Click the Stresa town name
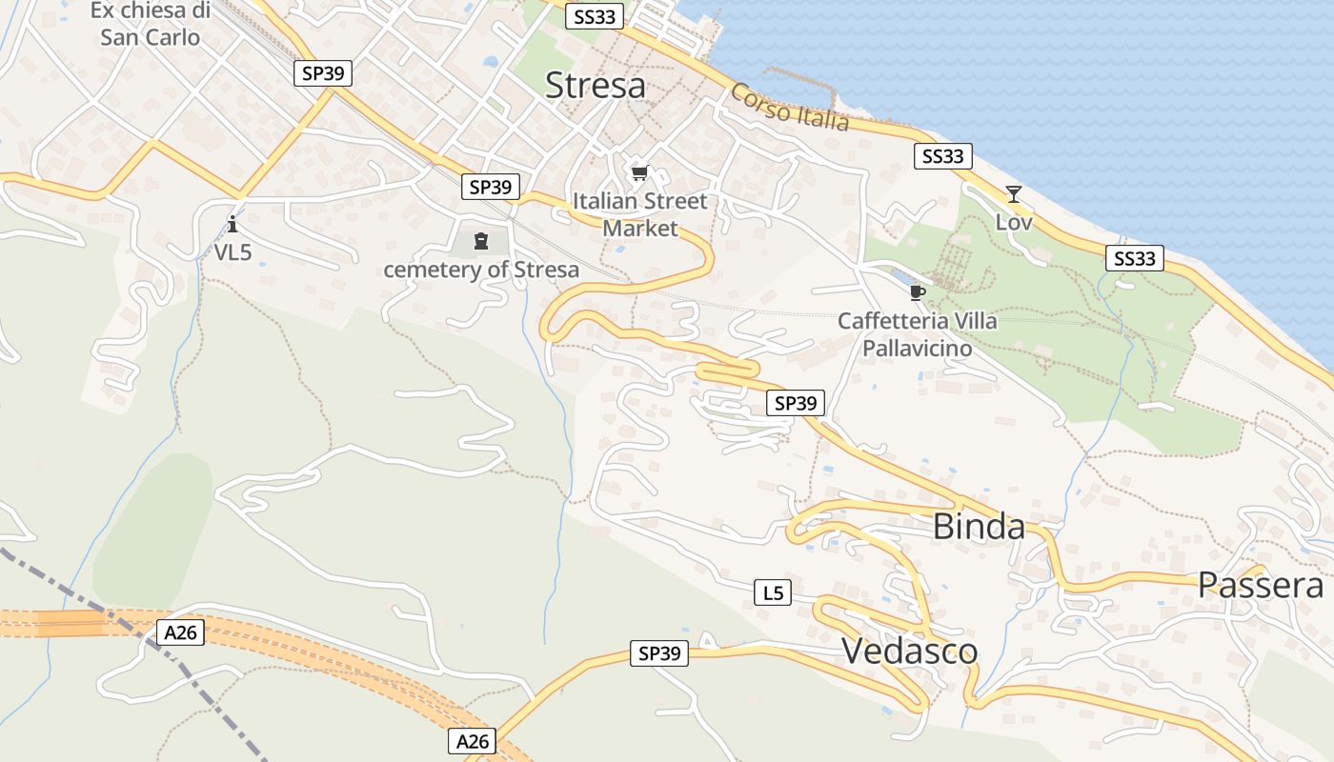pos(596,86)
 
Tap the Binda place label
pos(979,527)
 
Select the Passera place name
pos(1261,585)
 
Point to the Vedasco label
pos(909,651)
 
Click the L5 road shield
pos(773,592)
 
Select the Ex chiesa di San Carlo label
pos(151,25)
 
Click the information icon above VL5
pos(232,225)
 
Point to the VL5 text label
pos(232,251)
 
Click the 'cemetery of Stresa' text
pos(481,270)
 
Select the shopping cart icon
pos(639,173)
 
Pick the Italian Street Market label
pos(640,214)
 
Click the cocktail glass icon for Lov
pos(1014,194)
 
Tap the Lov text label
pos(1014,221)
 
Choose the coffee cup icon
pos(917,292)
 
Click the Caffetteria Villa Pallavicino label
pos(917,334)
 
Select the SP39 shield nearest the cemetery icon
pos(491,188)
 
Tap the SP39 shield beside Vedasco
pos(659,653)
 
